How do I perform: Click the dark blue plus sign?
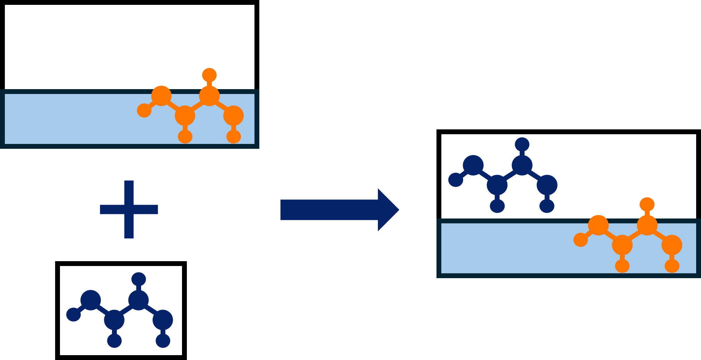(129, 209)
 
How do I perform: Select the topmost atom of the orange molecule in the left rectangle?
(209, 75)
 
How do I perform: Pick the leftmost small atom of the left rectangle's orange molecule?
(144, 110)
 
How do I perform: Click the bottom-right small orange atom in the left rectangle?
(234, 136)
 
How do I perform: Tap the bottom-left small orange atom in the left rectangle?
(185, 136)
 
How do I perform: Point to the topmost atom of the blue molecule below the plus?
(139, 279)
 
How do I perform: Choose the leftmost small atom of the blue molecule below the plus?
(73, 315)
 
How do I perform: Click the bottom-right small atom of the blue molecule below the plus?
(163, 341)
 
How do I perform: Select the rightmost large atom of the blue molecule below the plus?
(163, 320)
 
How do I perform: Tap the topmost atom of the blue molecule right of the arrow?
(522, 144)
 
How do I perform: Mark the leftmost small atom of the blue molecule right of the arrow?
(456, 180)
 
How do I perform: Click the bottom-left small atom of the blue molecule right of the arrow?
(497, 206)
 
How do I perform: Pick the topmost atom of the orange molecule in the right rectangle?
(647, 204)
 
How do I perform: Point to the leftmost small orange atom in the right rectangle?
(581, 240)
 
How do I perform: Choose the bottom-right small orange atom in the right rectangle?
(672, 266)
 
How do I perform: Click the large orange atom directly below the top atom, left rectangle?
(209, 96)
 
